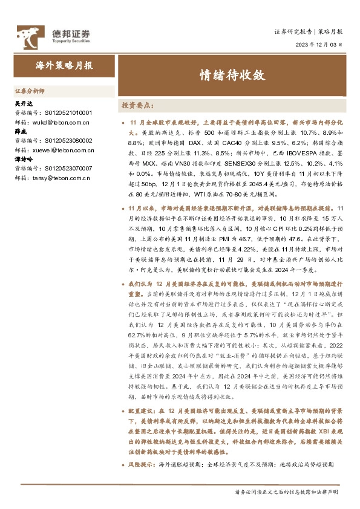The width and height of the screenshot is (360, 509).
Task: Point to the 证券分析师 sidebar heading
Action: click(30, 91)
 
